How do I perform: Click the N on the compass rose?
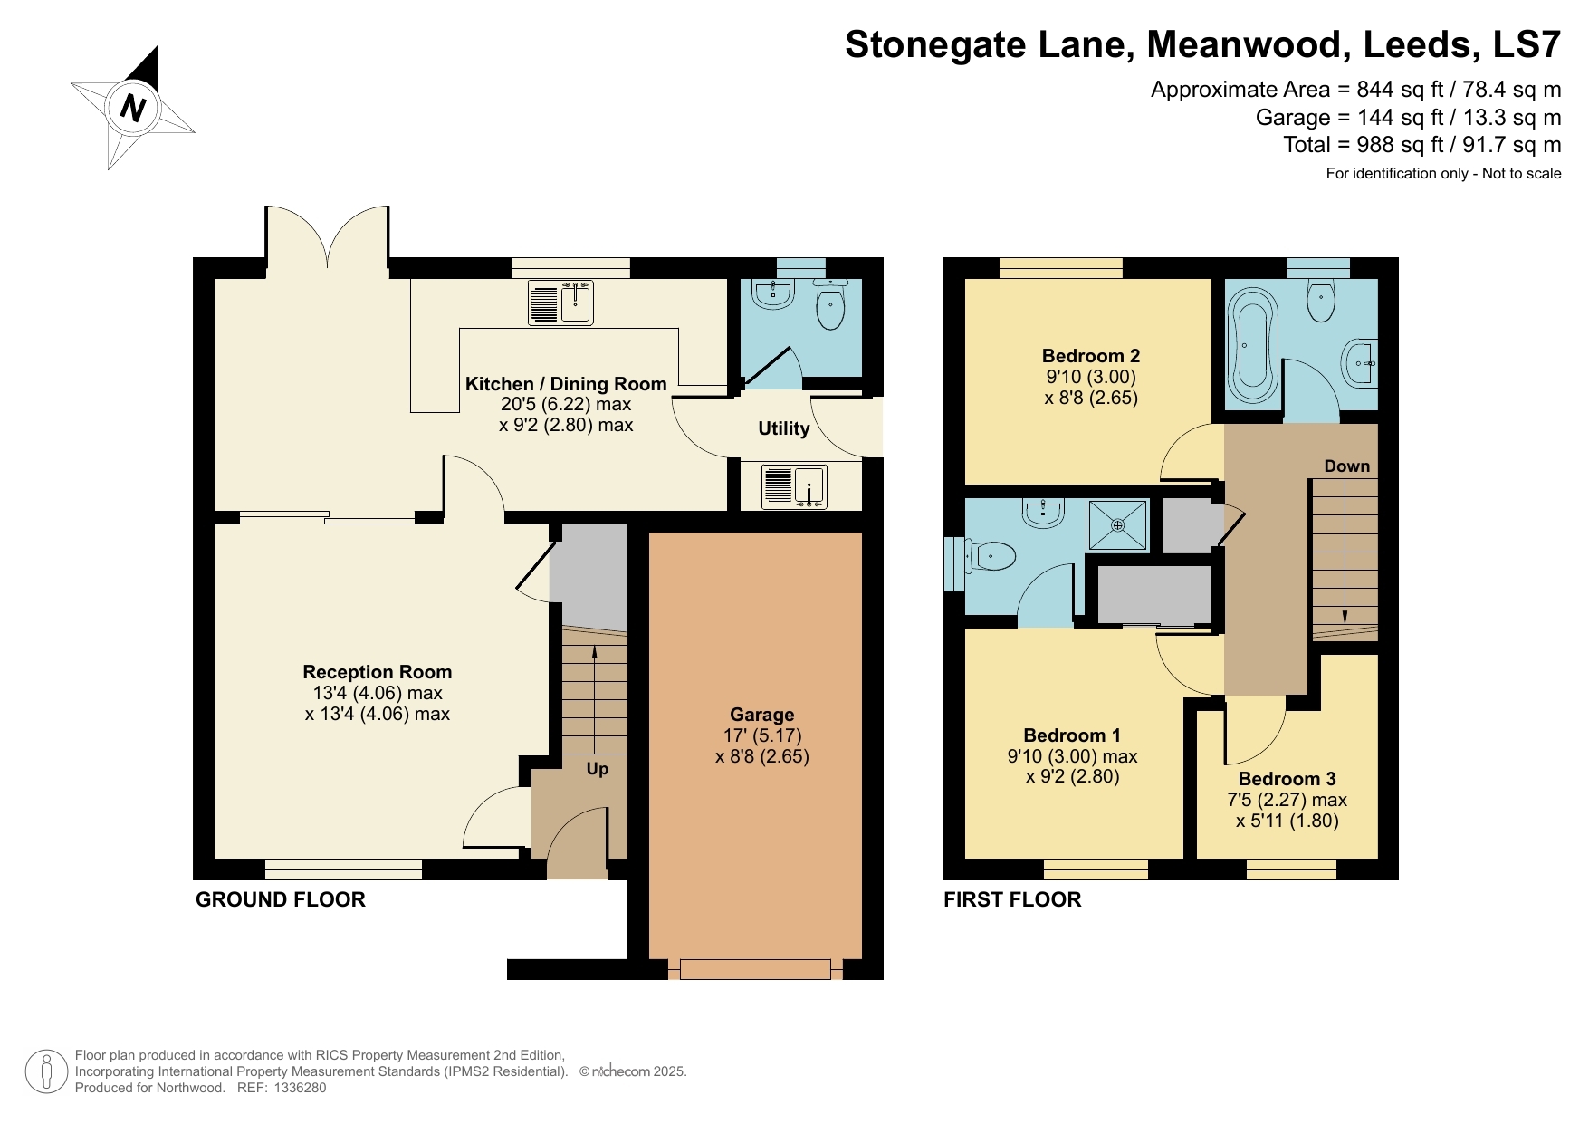pos(133,109)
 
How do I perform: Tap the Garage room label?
pos(761,715)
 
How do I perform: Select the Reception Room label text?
pos(377,672)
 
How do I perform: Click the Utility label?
pos(783,428)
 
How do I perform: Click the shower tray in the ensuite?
pos(1117,525)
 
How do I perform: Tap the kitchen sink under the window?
pos(560,303)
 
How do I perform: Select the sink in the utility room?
pos(794,485)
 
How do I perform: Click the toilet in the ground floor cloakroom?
pos(830,304)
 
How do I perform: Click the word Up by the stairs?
pos(597,769)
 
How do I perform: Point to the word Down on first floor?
pos(1346,466)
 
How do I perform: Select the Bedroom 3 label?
pos(1287,779)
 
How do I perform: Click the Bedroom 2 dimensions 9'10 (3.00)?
pos(1090,377)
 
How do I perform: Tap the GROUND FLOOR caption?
pos(281,899)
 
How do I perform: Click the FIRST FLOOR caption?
pos(1012,899)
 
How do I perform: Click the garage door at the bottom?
pos(755,969)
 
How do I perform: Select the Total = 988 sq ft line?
pos(1421,145)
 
